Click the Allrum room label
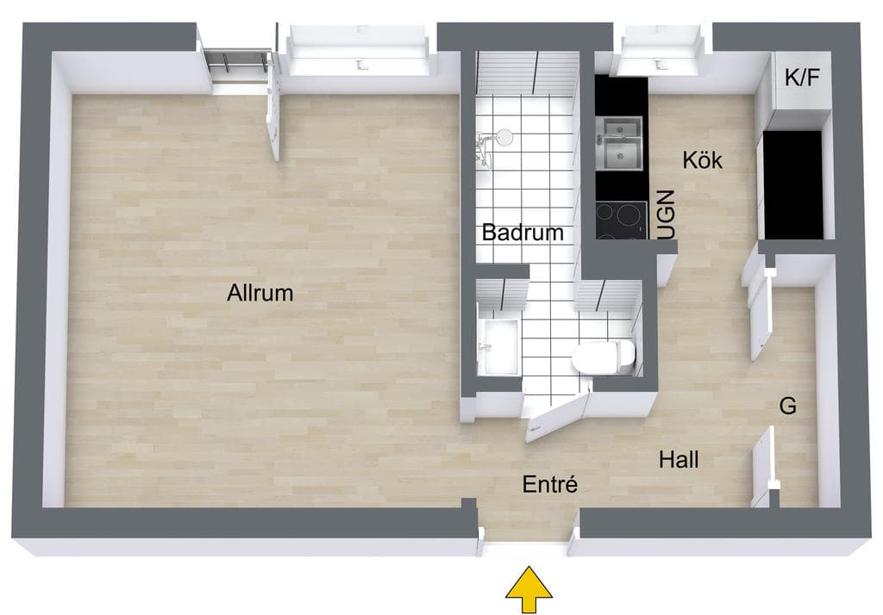click(260, 293)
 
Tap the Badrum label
click(522, 233)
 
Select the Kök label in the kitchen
click(702, 160)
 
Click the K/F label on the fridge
click(802, 78)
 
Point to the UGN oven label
click(667, 214)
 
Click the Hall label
click(679, 460)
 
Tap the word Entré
click(549, 484)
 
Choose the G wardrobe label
click(788, 406)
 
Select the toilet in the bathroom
click(604, 357)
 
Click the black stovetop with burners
click(621, 220)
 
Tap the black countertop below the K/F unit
click(792, 184)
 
